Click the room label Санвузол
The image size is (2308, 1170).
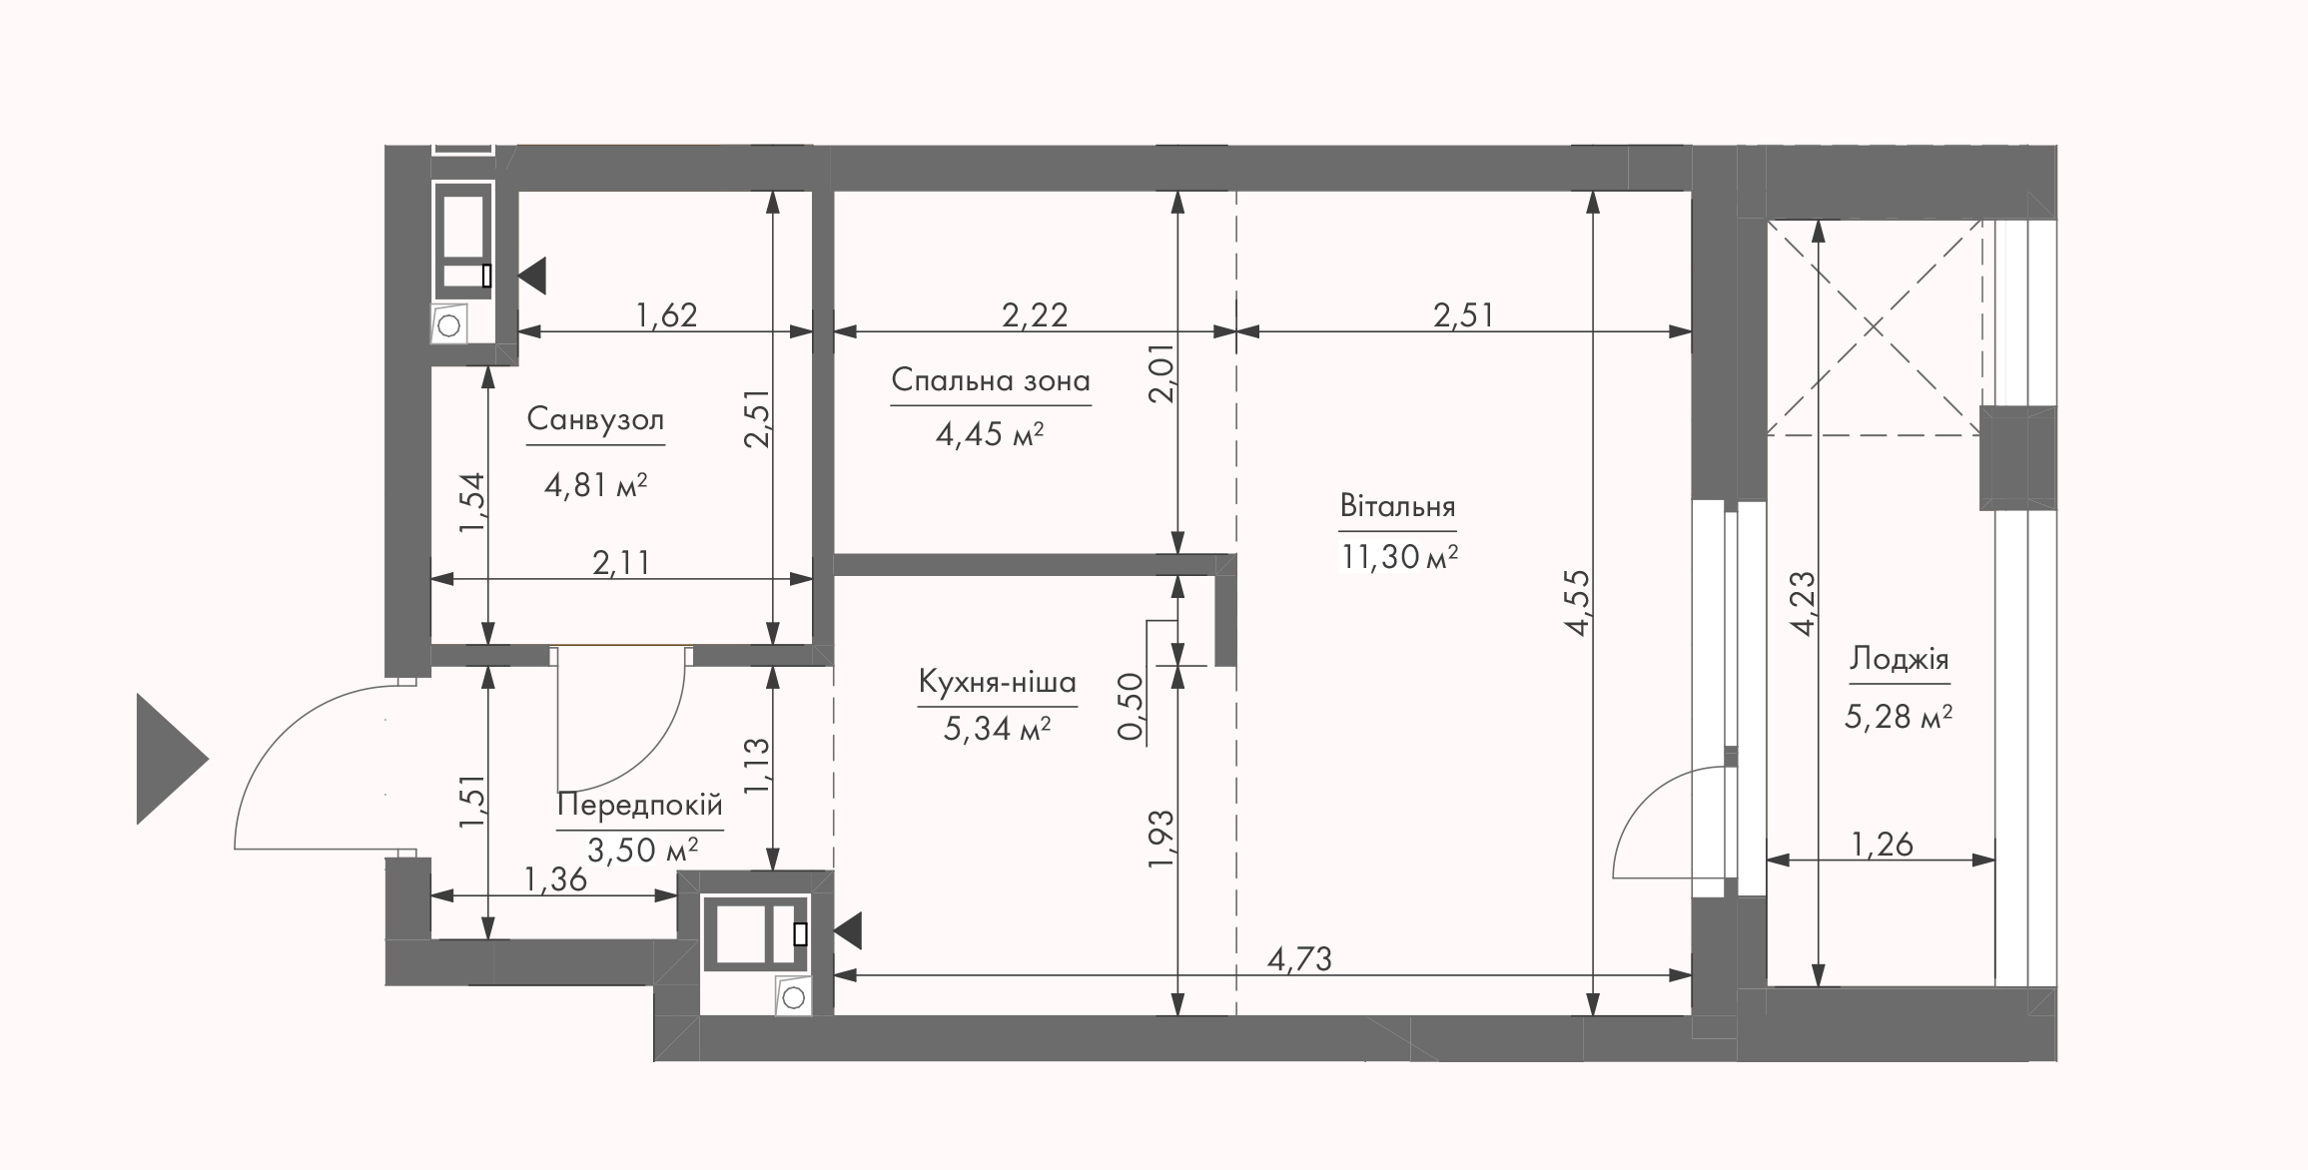tap(595, 419)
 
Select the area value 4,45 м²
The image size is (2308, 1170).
tap(990, 435)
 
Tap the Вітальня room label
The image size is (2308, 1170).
tap(1397, 505)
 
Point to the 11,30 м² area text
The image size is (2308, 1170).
tap(1398, 556)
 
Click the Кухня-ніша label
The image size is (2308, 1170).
tap(997, 683)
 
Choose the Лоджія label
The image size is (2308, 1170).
tap(1899, 659)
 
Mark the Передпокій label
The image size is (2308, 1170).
tap(639, 805)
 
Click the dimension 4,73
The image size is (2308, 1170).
tap(1299, 959)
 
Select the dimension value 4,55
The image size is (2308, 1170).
tap(1578, 602)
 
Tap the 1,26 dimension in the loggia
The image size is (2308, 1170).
tap(1882, 845)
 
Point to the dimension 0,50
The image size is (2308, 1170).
tap(1131, 707)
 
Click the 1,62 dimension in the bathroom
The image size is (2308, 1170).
tap(666, 315)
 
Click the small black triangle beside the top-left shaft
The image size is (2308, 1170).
tap(532, 276)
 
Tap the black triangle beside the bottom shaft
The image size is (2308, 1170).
tap(848, 931)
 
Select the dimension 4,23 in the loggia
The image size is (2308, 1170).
tap(1803, 603)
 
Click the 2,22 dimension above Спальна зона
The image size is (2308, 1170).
tap(1035, 315)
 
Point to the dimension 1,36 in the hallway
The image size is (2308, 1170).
tap(555, 879)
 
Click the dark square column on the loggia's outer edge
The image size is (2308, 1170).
tap(2017, 458)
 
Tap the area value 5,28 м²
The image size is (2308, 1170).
tap(1899, 717)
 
